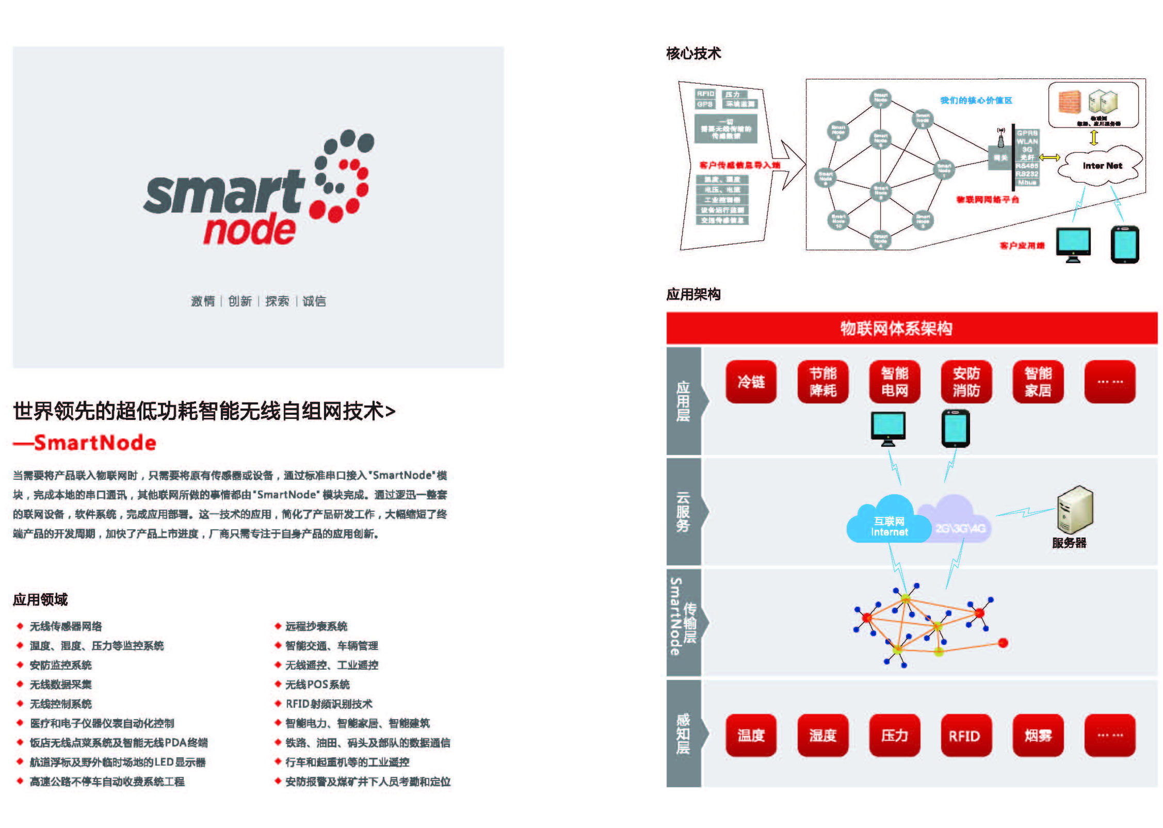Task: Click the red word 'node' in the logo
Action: tap(250, 230)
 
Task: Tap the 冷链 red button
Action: tap(751, 382)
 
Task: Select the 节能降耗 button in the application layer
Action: tap(822, 382)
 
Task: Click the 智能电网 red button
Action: tap(894, 382)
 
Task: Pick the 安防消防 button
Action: tap(966, 382)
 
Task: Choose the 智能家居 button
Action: tap(1038, 382)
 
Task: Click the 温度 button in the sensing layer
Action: tap(751, 735)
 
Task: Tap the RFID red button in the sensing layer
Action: tap(964, 736)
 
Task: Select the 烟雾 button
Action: tap(1038, 735)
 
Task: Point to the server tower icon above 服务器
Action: tap(1074, 509)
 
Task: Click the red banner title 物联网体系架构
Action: tap(896, 328)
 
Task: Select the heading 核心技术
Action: tap(693, 53)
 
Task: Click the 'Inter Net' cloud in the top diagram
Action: tap(1102, 166)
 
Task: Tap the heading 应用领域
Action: tap(40, 599)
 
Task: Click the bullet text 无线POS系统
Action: tap(317, 685)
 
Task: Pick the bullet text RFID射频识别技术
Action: tap(329, 704)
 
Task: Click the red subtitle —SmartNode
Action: tap(85, 443)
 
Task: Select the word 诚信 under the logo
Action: tap(314, 301)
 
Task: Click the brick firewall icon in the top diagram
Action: tap(1070, 102)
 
